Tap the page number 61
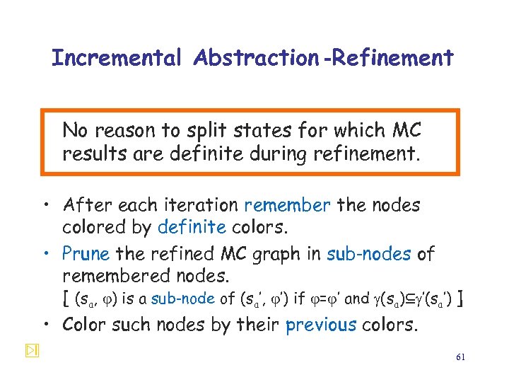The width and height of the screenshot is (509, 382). tap(460, 358)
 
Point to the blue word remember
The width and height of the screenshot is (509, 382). tap(287, 206)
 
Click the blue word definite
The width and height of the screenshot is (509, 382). tap(192, 227)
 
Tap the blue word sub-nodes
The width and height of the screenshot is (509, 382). tap(368, 253)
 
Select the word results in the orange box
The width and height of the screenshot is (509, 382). tap(90, 154)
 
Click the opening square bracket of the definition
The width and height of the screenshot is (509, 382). tap(66, 299)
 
